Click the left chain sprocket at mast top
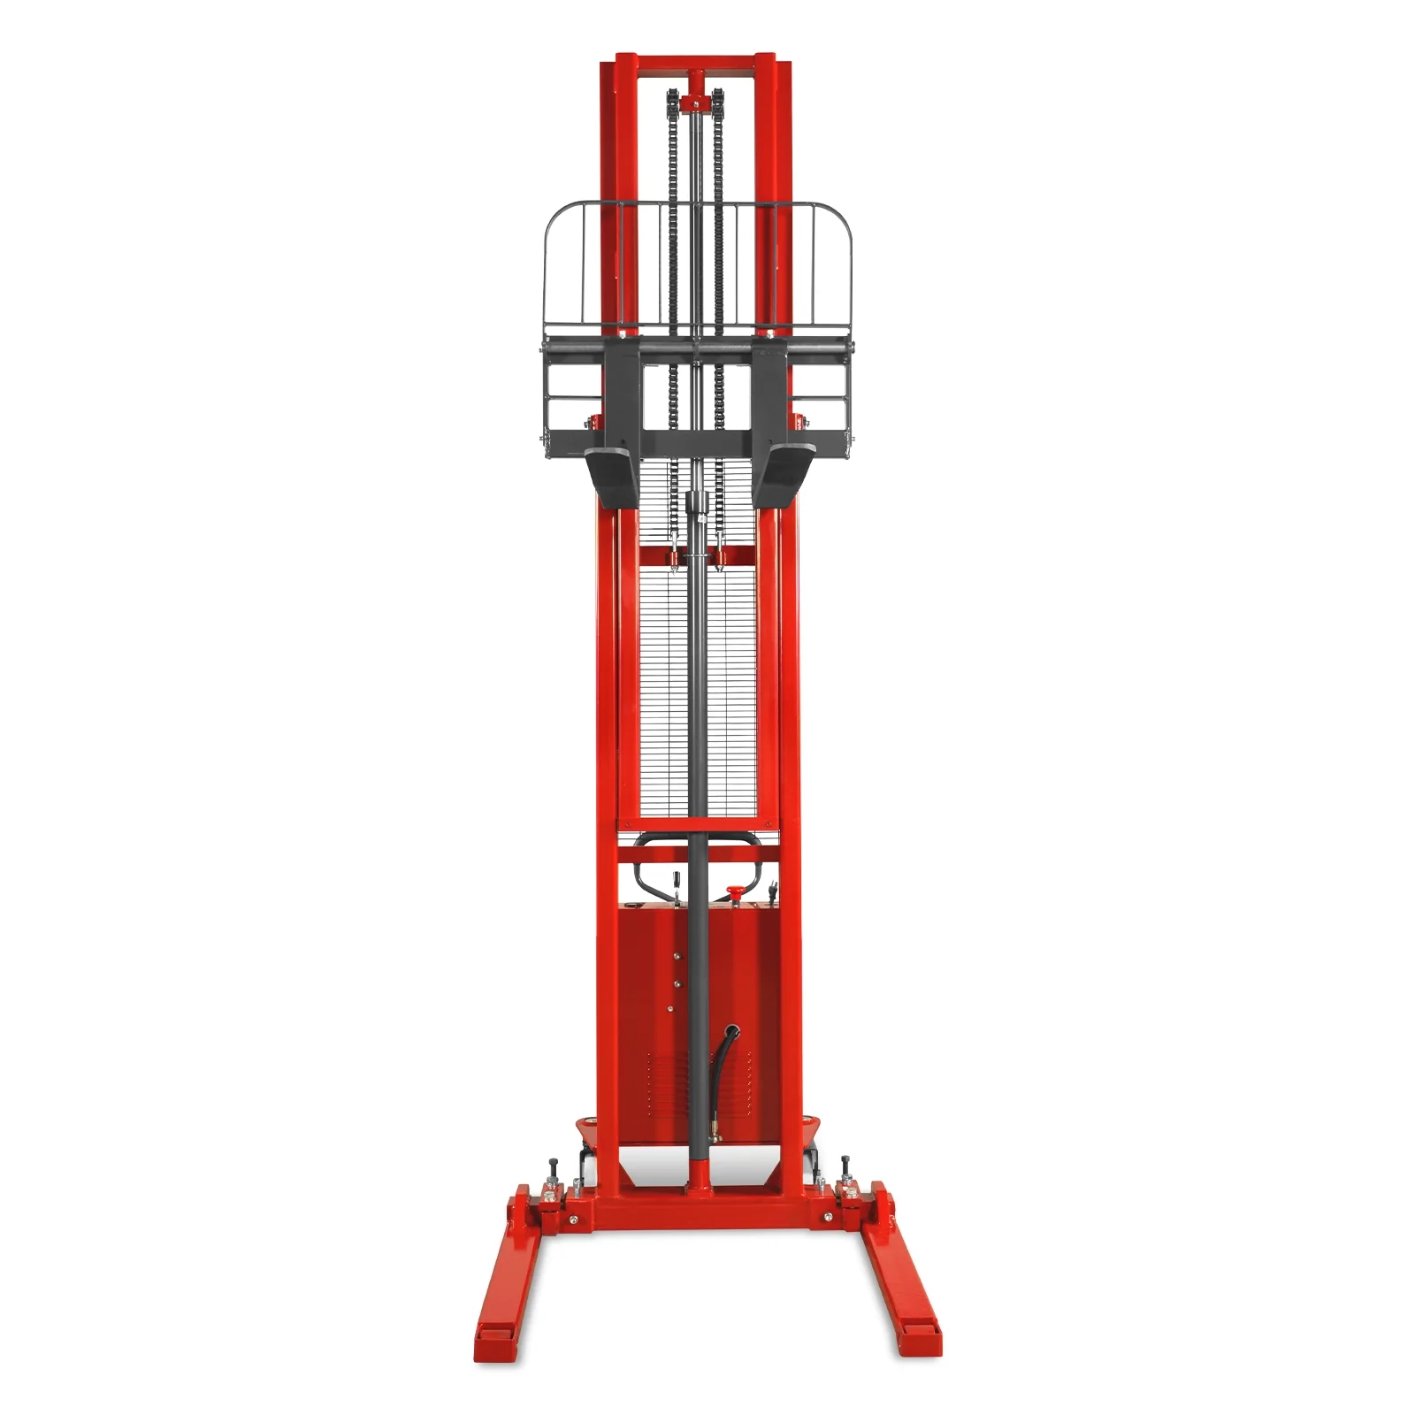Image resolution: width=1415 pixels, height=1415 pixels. (x=674, y=100)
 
